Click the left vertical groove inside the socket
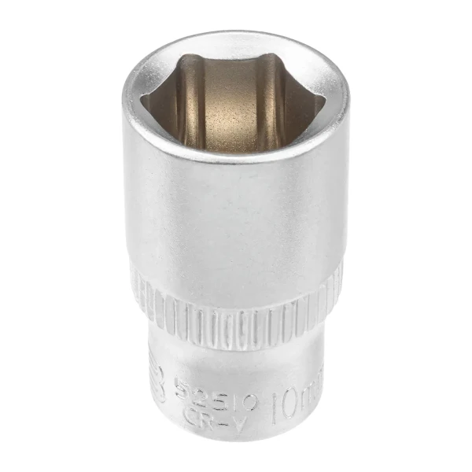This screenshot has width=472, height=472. [x=188, y=98]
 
